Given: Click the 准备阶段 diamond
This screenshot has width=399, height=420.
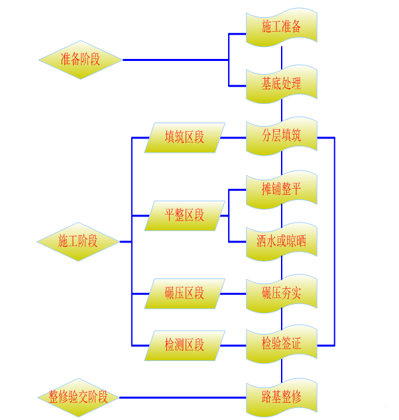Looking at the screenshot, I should pos(80,60).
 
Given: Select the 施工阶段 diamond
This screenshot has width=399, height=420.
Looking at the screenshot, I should pos(78,241).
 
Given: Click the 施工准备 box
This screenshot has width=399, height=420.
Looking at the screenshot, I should pos(282,27).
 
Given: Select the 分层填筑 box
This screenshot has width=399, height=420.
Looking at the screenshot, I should pos(282,137).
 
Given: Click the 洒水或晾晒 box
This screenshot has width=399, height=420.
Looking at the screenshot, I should pos(282,241).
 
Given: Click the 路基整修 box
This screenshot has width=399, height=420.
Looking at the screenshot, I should pos(282,397).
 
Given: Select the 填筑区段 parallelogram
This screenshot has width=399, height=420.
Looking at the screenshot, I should pos(185,138).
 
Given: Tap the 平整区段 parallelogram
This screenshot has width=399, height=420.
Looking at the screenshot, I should pos(185,215).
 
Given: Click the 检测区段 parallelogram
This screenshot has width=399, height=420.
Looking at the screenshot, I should pos(185,345).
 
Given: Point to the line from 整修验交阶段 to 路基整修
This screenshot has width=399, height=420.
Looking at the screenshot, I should pos(182,397).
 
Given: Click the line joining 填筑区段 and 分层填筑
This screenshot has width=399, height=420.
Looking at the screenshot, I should pos(233,138).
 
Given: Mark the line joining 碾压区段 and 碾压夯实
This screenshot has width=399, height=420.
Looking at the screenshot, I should pos(233,293).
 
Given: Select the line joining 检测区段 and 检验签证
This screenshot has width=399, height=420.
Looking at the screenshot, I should pos(233,345).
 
